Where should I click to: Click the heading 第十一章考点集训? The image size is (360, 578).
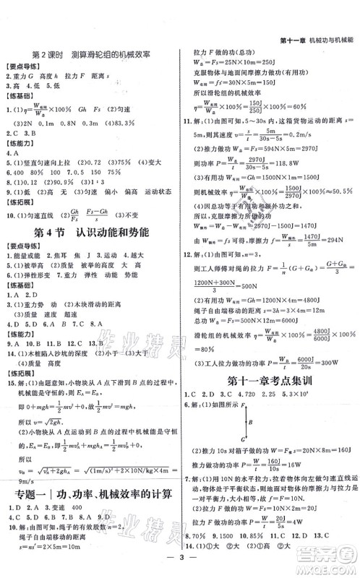point(269,380)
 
